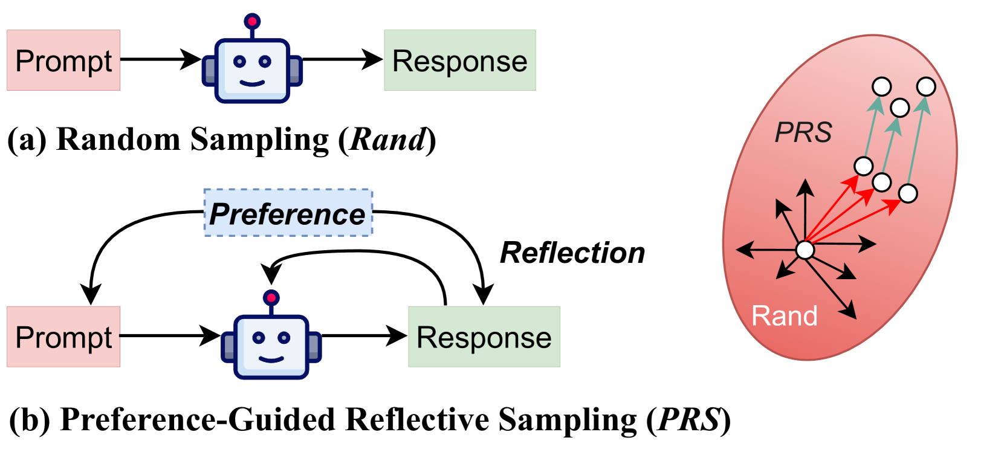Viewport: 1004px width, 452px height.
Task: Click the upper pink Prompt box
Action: click(63, 60)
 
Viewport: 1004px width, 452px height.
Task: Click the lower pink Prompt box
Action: click(63, 337)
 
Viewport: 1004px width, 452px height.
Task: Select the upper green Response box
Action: click(459, 60)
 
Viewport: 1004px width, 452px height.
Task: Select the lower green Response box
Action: click(484, 337)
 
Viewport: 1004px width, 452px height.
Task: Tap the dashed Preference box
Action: click(288, 213)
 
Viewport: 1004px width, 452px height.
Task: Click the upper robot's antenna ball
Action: click(252, 22)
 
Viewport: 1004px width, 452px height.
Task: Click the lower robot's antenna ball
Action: click(271, 297)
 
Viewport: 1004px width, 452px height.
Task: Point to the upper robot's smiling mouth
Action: click(252, 83)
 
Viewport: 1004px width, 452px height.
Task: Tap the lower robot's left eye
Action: click(259, 338)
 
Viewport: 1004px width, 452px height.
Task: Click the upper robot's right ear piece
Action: click(295, 71)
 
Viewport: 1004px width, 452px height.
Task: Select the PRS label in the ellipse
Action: click(803, 132)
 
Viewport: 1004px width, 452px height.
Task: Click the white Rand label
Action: click(784, 316)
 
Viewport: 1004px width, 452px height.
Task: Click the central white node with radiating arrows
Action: click(805, 250)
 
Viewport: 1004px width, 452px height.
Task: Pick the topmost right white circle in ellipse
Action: click(925, 87)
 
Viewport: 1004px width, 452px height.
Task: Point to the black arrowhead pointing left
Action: click(742, 248)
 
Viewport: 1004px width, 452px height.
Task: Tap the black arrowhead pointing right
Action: click(870, 244)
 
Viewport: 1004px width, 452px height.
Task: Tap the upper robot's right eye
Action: click(265, 62)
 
